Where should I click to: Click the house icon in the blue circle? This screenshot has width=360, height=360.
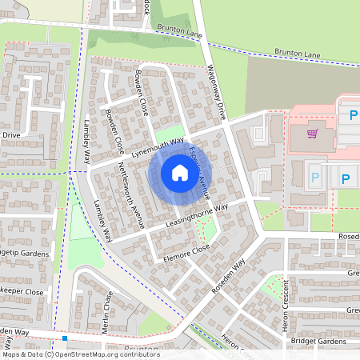pyautogui.click(x=179, y=172)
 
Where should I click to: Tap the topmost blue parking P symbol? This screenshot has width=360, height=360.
pyautogui.click(x=354, y=114)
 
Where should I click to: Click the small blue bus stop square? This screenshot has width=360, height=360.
pyautogui.click(x=64, y=338)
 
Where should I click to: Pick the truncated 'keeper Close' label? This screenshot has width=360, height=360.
pyautogui.click(x=22, y=292)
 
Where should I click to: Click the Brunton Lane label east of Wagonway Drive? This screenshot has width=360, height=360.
pyautogui.click(x=298, y=54)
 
